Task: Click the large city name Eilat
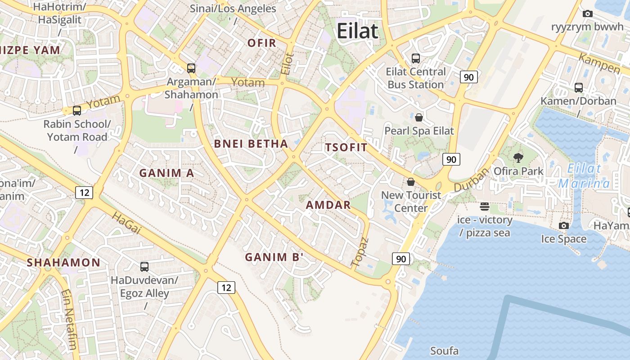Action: tap(358, 31)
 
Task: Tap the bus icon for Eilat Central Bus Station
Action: tap(416, 58)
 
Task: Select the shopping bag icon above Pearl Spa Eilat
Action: tap(419, 117)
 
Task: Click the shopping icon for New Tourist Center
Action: tap(411, 182)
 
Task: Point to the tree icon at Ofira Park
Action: tap(518, 157)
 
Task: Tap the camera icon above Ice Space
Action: tap(563, 225)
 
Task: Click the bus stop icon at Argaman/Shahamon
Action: tap(191, 68)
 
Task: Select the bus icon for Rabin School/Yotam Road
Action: tap(77, 110)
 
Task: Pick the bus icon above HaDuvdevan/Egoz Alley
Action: tap(144, 266)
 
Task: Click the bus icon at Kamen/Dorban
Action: tap(579, 87)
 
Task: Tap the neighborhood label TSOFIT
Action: tap(346, 147)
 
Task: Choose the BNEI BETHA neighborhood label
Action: tap(251, 144)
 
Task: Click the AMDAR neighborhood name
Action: tap(328, 205)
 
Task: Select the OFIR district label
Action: tap(261, 43)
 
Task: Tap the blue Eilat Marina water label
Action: tap(584, 176)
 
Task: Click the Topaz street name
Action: tap(360, 252)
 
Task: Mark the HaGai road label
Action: tap(126, 224)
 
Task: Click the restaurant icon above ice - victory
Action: tap(485, 207)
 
